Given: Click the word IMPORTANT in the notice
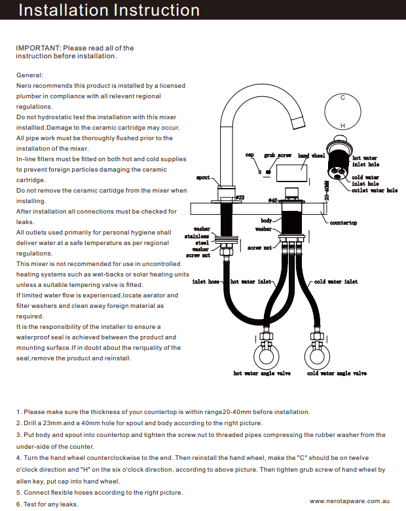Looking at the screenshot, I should (37, 48).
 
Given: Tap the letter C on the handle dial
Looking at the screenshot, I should (342, 97).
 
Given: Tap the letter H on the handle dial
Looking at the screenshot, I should (342, 125).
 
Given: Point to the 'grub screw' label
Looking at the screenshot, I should (278, 155).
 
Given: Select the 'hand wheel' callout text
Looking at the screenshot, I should (311, 156).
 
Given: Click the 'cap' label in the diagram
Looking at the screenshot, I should (249, 155).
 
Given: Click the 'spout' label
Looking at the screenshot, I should (203, 178).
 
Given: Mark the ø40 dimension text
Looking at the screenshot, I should (273, 199).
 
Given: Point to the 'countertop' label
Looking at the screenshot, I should (343, 223).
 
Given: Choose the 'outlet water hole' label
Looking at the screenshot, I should (375, 191).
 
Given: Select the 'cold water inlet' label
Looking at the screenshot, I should (336, 282).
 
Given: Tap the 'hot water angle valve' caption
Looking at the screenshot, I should (261, 373).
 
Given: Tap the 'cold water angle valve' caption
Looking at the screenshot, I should (337, 373).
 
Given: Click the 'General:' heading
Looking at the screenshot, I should (29, 75).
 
